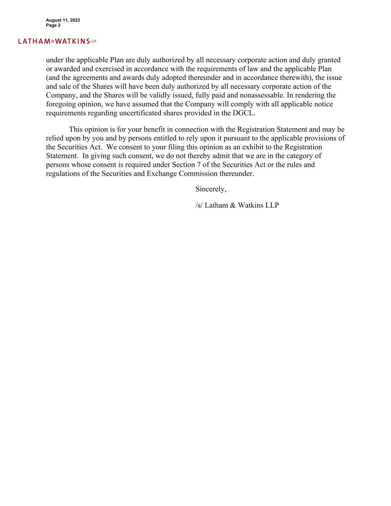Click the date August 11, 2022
pyautogui.click(x=63, y=20)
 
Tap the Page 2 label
pyautogui.click(x=53, y=25)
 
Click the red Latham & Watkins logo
pyautogui.click(x=57, y=41)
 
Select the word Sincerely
pyautogui.click(x=210, y=189)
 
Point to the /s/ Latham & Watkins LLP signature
pyautogui.click(x=237, y=205)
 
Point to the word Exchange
pyautogui.click(x=162, y=173)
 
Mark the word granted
pyautogui.click(x=329, y=60)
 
